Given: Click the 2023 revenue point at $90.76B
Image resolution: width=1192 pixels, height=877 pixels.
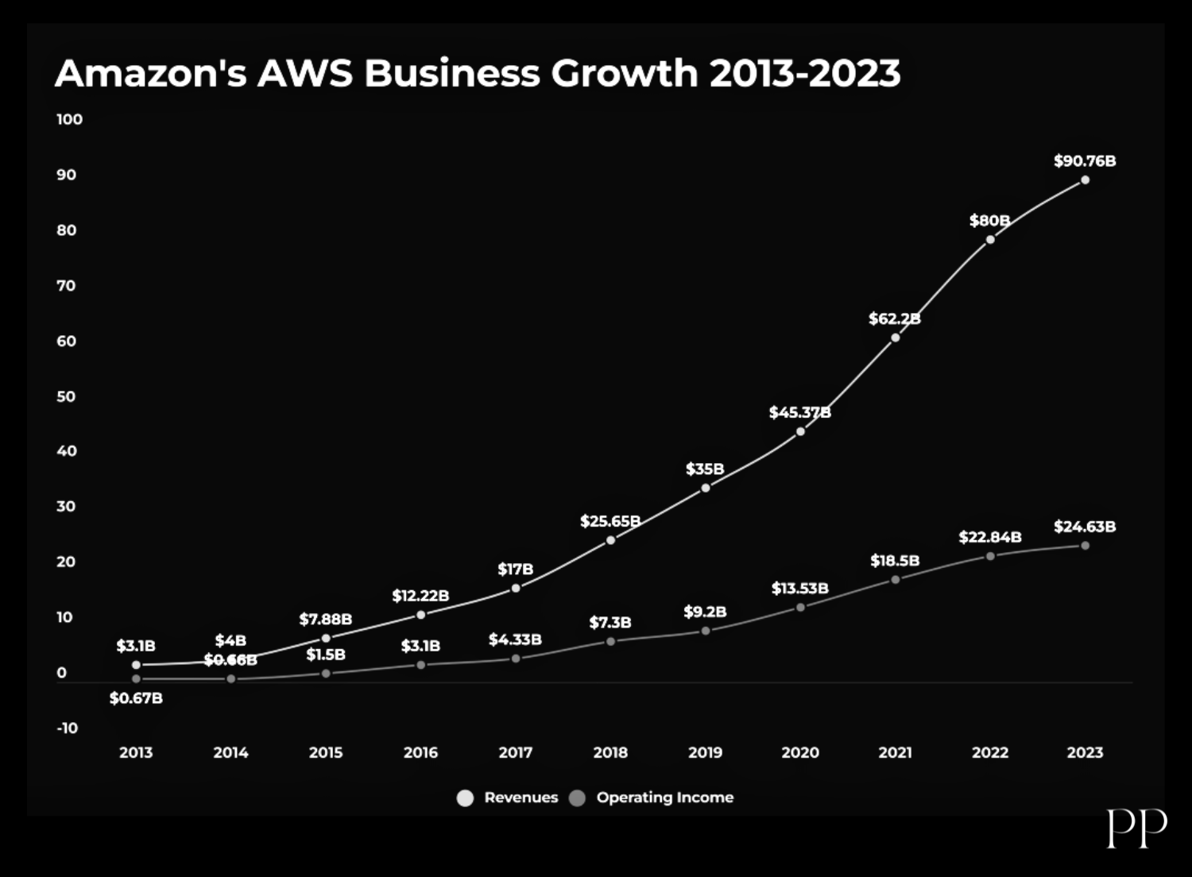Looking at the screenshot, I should coord(1085,180).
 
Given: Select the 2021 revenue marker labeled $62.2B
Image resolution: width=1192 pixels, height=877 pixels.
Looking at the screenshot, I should coord(896,338).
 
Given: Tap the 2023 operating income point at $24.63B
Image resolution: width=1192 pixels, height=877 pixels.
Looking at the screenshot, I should coord(1085,546).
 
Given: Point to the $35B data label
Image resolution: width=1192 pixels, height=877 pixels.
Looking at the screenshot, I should coord(705,469).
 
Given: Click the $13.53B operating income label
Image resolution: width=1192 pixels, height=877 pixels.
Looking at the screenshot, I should coord(799,589).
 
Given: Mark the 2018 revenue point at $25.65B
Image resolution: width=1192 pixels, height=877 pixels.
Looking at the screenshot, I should coord(610,540).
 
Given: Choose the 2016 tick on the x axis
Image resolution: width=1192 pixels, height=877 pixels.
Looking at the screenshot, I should coord(420,752).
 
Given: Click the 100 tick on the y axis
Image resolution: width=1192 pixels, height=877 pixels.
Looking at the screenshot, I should coord(69,119).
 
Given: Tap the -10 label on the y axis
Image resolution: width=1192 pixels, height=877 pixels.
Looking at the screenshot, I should coord(68,728).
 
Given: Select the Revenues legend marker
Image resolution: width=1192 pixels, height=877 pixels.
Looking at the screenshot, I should coord(465,798).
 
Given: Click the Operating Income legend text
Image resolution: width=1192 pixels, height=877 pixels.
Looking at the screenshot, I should coord(664,798).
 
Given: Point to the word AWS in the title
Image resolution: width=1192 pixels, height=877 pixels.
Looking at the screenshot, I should coord(304,73).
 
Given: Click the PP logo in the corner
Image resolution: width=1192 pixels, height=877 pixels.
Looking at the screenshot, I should coord(1136,829).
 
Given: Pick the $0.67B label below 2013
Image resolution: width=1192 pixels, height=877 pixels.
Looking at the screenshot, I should coord(136,698).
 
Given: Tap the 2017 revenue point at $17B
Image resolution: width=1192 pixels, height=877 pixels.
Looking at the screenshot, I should coord(516,589).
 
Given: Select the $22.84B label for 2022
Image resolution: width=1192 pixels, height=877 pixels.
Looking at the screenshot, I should coord(989,538).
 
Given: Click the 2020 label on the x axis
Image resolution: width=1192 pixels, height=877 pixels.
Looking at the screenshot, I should coord(800,752).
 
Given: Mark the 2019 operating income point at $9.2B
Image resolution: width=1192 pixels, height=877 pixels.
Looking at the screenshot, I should coord(705,631).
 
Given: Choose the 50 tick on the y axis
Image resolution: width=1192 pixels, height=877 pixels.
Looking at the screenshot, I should coord(66,396).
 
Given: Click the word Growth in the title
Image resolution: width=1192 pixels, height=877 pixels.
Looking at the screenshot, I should coord(625,73).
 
